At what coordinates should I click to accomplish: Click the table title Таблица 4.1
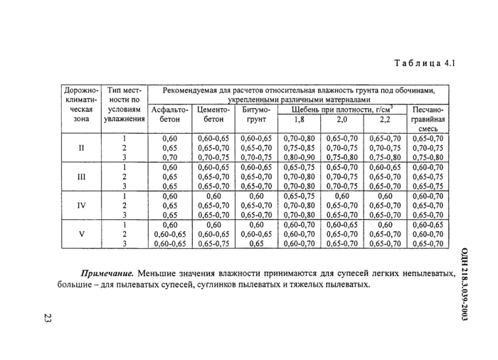(x=424, y=63)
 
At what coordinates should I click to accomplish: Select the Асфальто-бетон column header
(x=170, y=115)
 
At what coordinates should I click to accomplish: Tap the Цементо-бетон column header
(x=213, y=115)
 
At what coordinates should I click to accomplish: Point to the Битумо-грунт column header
(x=255, y=115)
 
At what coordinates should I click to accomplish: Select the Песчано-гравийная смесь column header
(x=428, y=120)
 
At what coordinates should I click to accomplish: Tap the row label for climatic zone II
(x=81, y=147)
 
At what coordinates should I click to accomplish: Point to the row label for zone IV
(x=81, y=206)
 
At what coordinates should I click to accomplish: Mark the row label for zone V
(x=81, y=234)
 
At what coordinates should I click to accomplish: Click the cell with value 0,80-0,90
(x=299, y=157)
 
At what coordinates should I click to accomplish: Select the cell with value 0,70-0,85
(x=299, y=148)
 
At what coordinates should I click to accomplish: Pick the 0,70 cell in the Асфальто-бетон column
(x=170, y=157)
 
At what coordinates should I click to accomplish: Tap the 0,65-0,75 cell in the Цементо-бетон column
(x=213, y=243)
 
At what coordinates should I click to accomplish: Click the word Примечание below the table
(x=107, y=272)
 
